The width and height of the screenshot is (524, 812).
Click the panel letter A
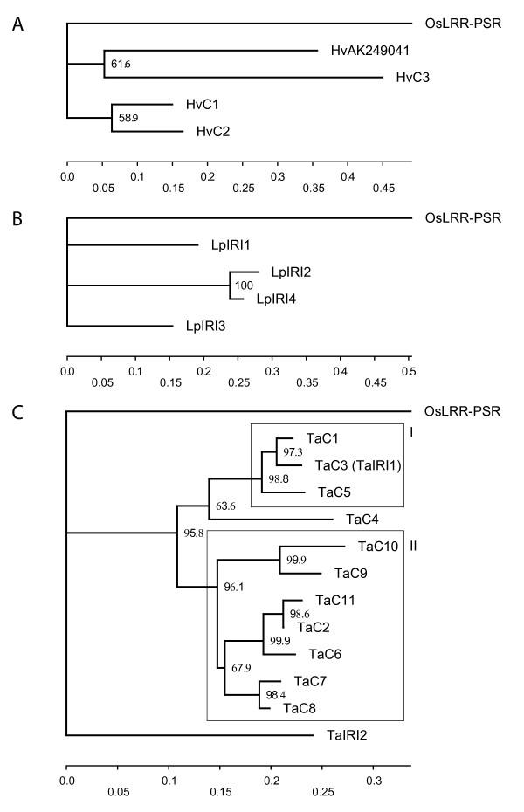[x=18, y=24]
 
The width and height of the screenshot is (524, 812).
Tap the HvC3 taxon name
[x=411, y=77]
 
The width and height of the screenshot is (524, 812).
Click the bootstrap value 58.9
[x=128, y=118]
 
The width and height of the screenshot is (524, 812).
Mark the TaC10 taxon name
[x=378, y=547]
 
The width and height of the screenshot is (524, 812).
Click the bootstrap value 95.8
[x=191, y=533]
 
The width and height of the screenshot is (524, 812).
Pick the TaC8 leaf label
[x=300, y=708]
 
